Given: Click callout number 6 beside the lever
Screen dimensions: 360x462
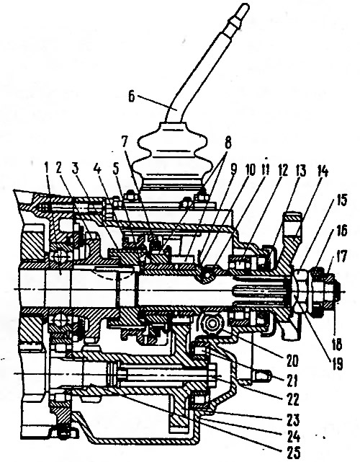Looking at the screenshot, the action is [131, 97].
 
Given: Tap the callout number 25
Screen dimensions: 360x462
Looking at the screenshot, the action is [292, 452].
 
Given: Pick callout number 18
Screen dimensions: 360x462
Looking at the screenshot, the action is [336, 344].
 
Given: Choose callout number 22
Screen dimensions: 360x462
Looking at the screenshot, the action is [292, 399].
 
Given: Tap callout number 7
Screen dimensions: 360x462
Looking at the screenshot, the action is [124, 143].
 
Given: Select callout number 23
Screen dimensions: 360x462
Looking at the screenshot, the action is [292, 419].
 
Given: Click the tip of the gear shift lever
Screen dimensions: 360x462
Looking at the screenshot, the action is [246, 4].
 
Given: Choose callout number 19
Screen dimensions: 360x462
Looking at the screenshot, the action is [338, 364].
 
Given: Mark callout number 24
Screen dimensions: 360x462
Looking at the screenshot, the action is [292, 436].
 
